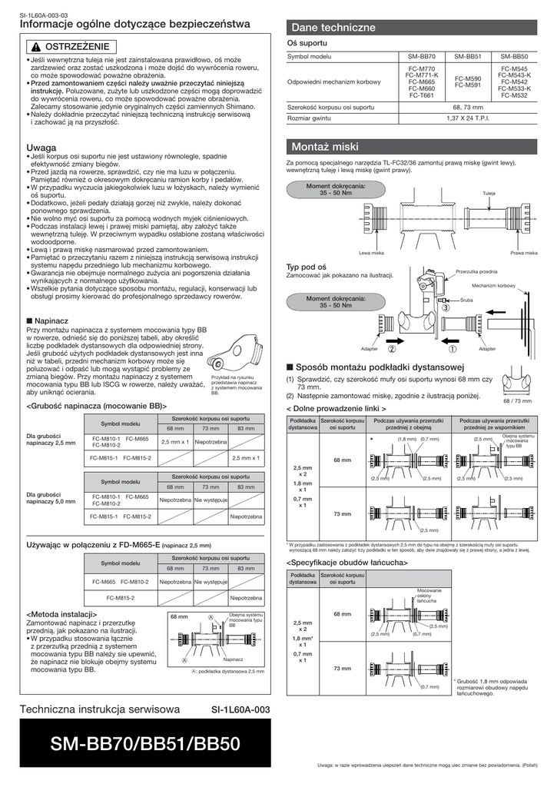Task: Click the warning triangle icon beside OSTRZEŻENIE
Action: click(36, 47)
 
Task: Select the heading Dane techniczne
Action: click(333, 28)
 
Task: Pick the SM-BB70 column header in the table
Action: click(422, 57)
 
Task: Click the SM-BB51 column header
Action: click(468, 57)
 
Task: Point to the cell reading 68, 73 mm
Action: click(468, 107)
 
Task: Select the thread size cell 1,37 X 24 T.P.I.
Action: click(468, 119)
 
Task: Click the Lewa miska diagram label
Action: click(371, 253)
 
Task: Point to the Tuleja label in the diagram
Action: click(489, 192)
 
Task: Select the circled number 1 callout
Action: click(453, 348)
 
